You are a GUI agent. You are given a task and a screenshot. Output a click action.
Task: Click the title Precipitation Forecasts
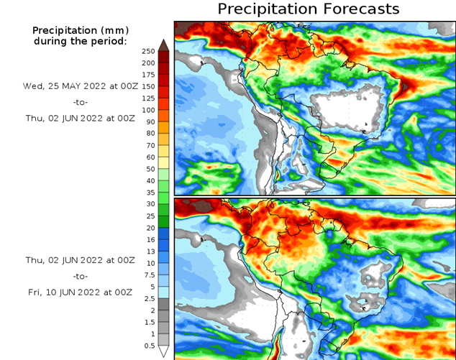tap(308, 9)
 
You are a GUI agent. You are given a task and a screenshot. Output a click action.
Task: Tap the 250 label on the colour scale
tap(148, 51)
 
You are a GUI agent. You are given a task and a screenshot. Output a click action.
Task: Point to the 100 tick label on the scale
tap(148, 110)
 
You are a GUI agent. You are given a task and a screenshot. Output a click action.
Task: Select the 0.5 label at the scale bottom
tap(148, 346)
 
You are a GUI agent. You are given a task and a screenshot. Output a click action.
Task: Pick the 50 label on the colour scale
tap(148, 169)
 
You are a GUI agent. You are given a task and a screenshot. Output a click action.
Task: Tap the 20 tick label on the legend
tap(148, 228)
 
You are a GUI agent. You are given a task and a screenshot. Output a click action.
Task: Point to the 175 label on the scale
tap(148, 75)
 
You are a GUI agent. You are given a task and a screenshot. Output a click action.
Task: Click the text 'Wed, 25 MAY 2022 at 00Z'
tap(80, 86)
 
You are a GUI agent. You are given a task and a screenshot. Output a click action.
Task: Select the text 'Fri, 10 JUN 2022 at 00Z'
tap(80, 292)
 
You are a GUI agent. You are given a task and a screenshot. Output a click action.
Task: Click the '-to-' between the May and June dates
tap(80, 103)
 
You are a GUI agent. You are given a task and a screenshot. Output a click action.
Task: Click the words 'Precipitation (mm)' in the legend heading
tap(80, 30)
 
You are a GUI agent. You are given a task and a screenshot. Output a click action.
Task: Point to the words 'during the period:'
tap(80, 42)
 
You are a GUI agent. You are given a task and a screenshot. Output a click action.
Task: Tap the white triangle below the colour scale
tap(164, 351)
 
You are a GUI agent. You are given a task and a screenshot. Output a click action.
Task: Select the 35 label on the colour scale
tap(148, 193)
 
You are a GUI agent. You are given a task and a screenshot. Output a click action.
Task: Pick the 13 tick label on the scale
tap(148, 251)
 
